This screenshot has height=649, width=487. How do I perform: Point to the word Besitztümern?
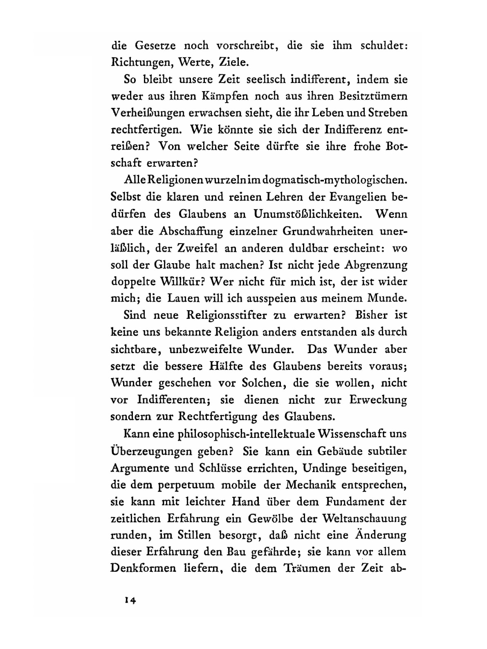[371, 96]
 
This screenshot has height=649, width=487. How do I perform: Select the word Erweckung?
[378, 400]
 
